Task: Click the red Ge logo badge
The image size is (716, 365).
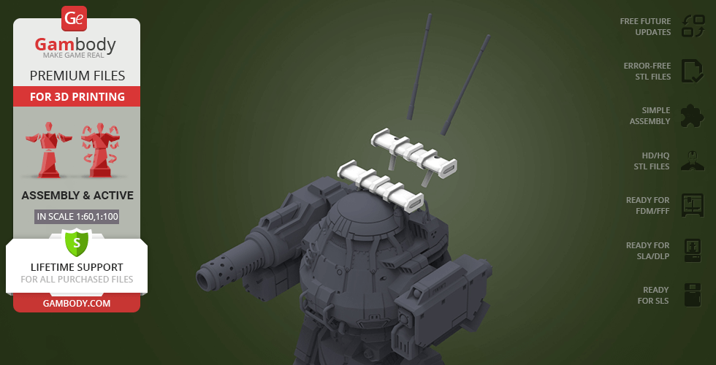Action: [74, 18]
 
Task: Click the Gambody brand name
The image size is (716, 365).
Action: [75, 45]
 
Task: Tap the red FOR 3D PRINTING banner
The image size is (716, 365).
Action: [77, 96]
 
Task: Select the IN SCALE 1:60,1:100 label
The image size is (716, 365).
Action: [77, 217]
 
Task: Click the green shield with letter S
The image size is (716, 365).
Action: [76, 242]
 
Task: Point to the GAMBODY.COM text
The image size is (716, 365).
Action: [77, 304]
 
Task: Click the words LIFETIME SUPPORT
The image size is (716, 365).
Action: [77, 267]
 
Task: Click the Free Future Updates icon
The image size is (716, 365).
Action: [693, 26]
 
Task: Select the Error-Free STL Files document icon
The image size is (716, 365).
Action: [693, 72]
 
